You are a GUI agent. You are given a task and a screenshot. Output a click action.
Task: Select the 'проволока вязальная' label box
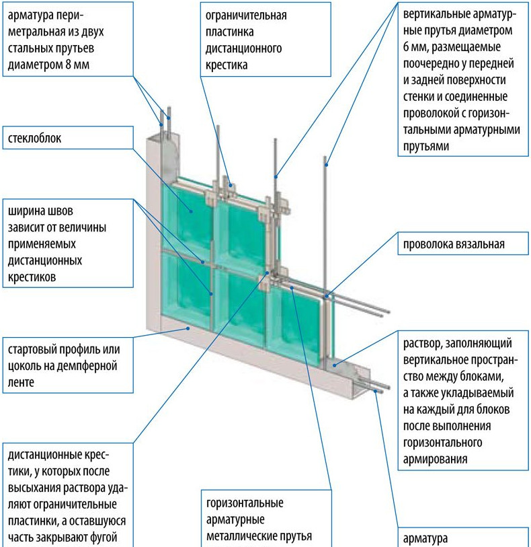(x=454, y=244)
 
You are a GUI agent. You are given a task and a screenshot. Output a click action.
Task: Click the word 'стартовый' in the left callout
(x=32, y=351)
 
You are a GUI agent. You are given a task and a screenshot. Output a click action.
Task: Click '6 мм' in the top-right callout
(x=414, y=48)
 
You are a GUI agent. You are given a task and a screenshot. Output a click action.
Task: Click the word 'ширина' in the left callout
(x=26, y=209)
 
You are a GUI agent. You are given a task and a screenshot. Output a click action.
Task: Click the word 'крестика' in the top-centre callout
(x=224, y=65)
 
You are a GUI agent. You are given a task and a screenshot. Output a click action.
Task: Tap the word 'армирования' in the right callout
(x=432, y=459)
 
